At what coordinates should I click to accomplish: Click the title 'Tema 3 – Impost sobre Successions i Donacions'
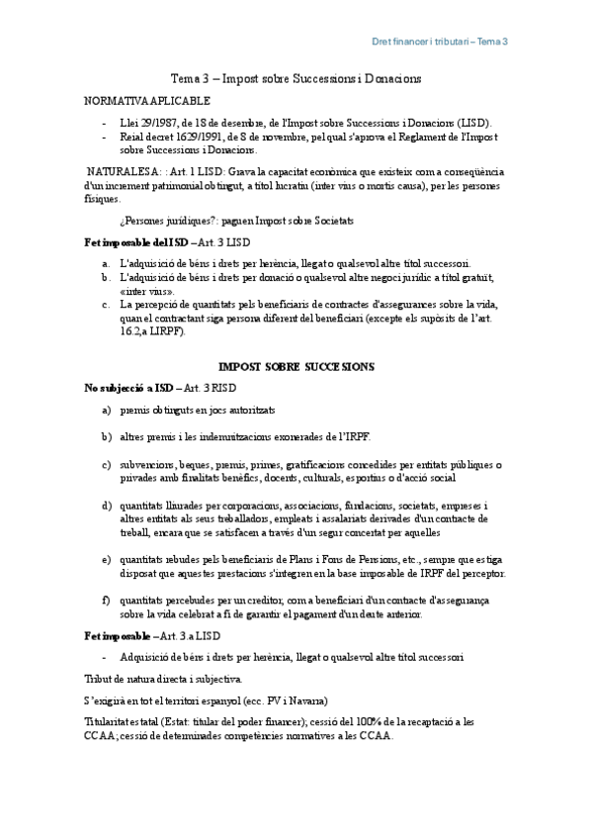point(296,78)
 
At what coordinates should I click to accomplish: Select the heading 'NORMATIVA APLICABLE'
point(146,101)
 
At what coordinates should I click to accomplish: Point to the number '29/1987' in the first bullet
point(151,123)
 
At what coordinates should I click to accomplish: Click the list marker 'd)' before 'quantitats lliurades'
point(107,507)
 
